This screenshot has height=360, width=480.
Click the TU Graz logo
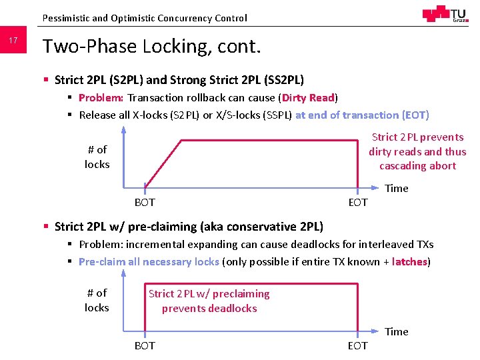pyautogui.click(x=445, y=14)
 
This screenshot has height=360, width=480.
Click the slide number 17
pyautogui.click(x=13, y=41)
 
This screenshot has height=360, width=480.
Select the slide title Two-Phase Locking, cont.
pyautogui.click(x=151, y=46)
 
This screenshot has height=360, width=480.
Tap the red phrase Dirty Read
pyautogui.click(x=308, y=97)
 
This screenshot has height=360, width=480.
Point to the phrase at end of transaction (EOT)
pyautogui.click(x=362, y=115)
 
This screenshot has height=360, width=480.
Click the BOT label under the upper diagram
pyautogui.click(x=145, y=202)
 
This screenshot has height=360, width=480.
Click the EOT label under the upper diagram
pyautogui.click(x=358, y=202)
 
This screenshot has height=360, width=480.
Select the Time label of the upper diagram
pyautogui.click(x=397, y=188)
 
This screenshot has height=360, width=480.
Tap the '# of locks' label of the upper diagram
pyautogui.click(x=97, y=157)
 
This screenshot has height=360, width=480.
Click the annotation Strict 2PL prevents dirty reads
pyautogui.click(x=417, y=151)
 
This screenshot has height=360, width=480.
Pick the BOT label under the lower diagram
pyautogui.click(x=145, y=345)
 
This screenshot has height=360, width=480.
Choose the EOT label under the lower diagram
pyautogui.click(x=358, y=345)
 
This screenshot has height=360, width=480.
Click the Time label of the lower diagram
pyautogui.click(x=397, y=331)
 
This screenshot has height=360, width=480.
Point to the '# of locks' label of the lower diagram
pyautogui.click(x=97, y=300)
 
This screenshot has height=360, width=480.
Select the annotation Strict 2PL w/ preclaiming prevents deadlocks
pyautogui.click(x=209, y=301)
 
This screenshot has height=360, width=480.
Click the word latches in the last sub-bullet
pyautogui.click(x=409, y=261)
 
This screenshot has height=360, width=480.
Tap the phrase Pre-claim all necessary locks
pyautogui.click(x=149, y=261)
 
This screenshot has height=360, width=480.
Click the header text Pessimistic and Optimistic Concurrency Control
pyautogui.click(x=144, y=18)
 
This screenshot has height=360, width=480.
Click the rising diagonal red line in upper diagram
pyautogui.click(x=163, y=164)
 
